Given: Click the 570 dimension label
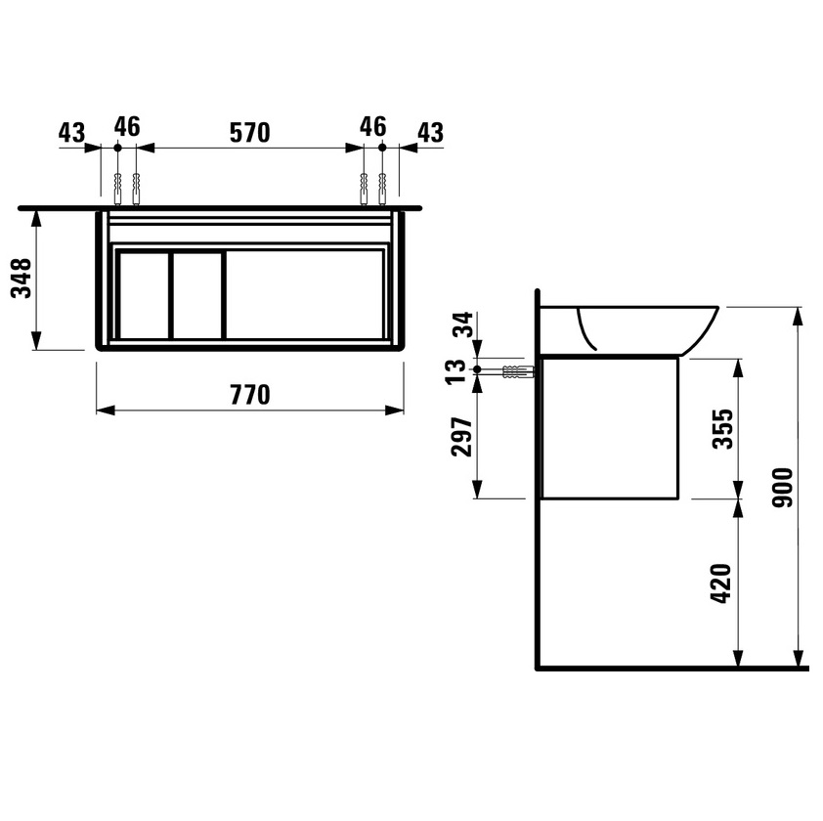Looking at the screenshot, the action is click(x=250, y=133).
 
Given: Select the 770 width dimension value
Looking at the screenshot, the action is click(x=250, y=395).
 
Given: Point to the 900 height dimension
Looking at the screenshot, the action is click(x=782, y=488).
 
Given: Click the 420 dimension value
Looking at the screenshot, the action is click(x=721, y=583).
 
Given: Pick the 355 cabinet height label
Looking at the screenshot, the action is click(x=722, y=429).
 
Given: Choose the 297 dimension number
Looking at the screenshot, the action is click(x=462, y=437).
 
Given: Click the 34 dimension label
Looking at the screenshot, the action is click(x=463, y=324).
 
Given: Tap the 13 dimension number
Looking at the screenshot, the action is click(x=455, y=371).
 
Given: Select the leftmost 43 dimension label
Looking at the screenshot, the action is click(x=71, y=133).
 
